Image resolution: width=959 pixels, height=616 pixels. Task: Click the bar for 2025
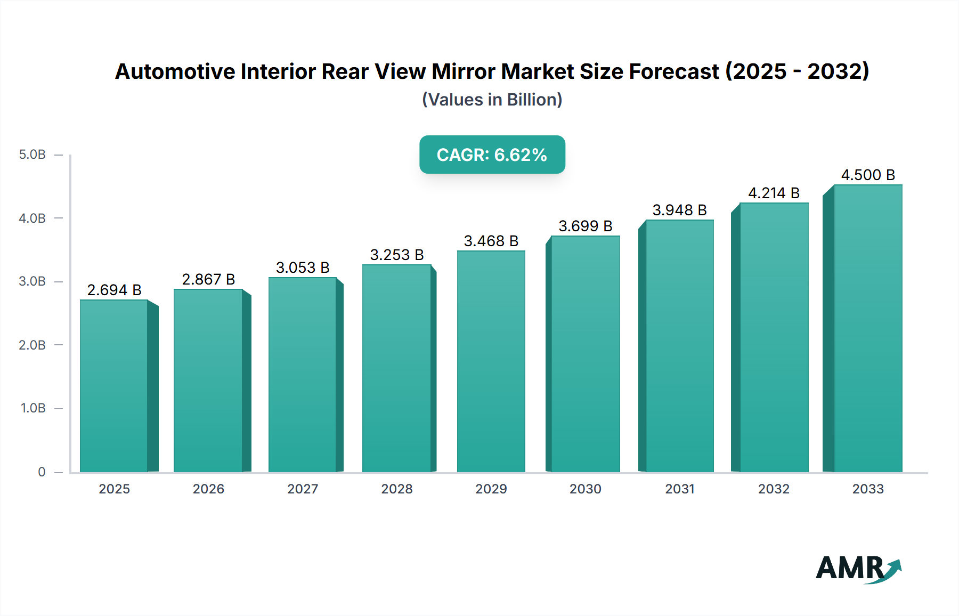tap(114, 386)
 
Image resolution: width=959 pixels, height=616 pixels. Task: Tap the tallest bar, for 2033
tap(868, 328)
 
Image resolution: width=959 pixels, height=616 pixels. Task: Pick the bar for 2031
tap(680, 346)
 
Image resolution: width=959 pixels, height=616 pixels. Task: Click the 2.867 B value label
tap(208, 279)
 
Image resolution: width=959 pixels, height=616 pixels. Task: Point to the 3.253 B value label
tap(397, 255)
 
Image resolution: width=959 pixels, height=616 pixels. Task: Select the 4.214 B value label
tap(774, 193)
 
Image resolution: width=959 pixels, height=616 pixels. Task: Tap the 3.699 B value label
tap(585, 226)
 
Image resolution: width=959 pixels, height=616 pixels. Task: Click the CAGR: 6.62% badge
tap(492, 155)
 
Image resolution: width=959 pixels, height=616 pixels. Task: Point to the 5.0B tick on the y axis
tap(32, 155)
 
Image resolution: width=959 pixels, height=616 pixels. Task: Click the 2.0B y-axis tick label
tap(32, 345)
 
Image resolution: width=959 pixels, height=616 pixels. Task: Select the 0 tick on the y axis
tap(42, 472)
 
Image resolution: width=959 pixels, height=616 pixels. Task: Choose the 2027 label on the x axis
tap(303, 489)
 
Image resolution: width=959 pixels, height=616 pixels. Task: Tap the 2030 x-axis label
tap(585, 489)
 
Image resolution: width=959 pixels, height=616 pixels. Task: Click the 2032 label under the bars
tap(774, 489)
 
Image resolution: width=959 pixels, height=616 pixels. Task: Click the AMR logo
tap(858, 569)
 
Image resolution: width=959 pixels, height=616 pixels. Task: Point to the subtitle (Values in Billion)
tap(492, 100)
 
